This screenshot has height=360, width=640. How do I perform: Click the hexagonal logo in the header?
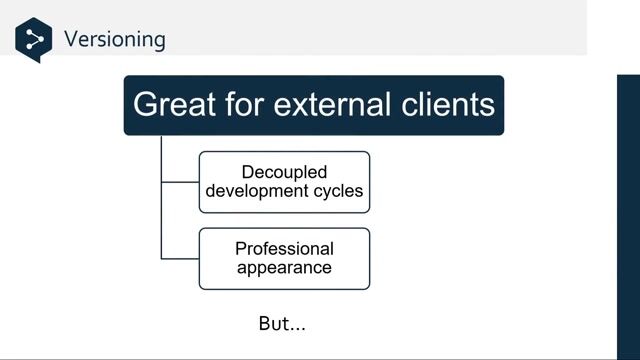pos(33,39)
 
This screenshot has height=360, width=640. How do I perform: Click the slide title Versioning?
pos(114,40)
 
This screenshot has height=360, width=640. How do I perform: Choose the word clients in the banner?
pos(447,104)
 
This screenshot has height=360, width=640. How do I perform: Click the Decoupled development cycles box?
pos(284,182)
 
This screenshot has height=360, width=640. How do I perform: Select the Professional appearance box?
pos(284,259)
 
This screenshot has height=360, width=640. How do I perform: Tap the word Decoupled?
pos(284,172)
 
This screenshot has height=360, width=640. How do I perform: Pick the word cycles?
pos(339,191)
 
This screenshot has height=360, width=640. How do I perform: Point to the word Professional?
pos(284,249)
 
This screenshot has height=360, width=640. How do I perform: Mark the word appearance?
pos(284,268)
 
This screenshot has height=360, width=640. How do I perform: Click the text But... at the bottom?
pos(281,324)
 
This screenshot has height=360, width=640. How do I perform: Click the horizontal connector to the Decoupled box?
pos(180,182)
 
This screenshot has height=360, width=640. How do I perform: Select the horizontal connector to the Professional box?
pos(180,259)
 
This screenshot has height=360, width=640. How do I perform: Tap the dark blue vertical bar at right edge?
pos(627,215)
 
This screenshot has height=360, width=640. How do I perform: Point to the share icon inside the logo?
pos(34,40)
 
